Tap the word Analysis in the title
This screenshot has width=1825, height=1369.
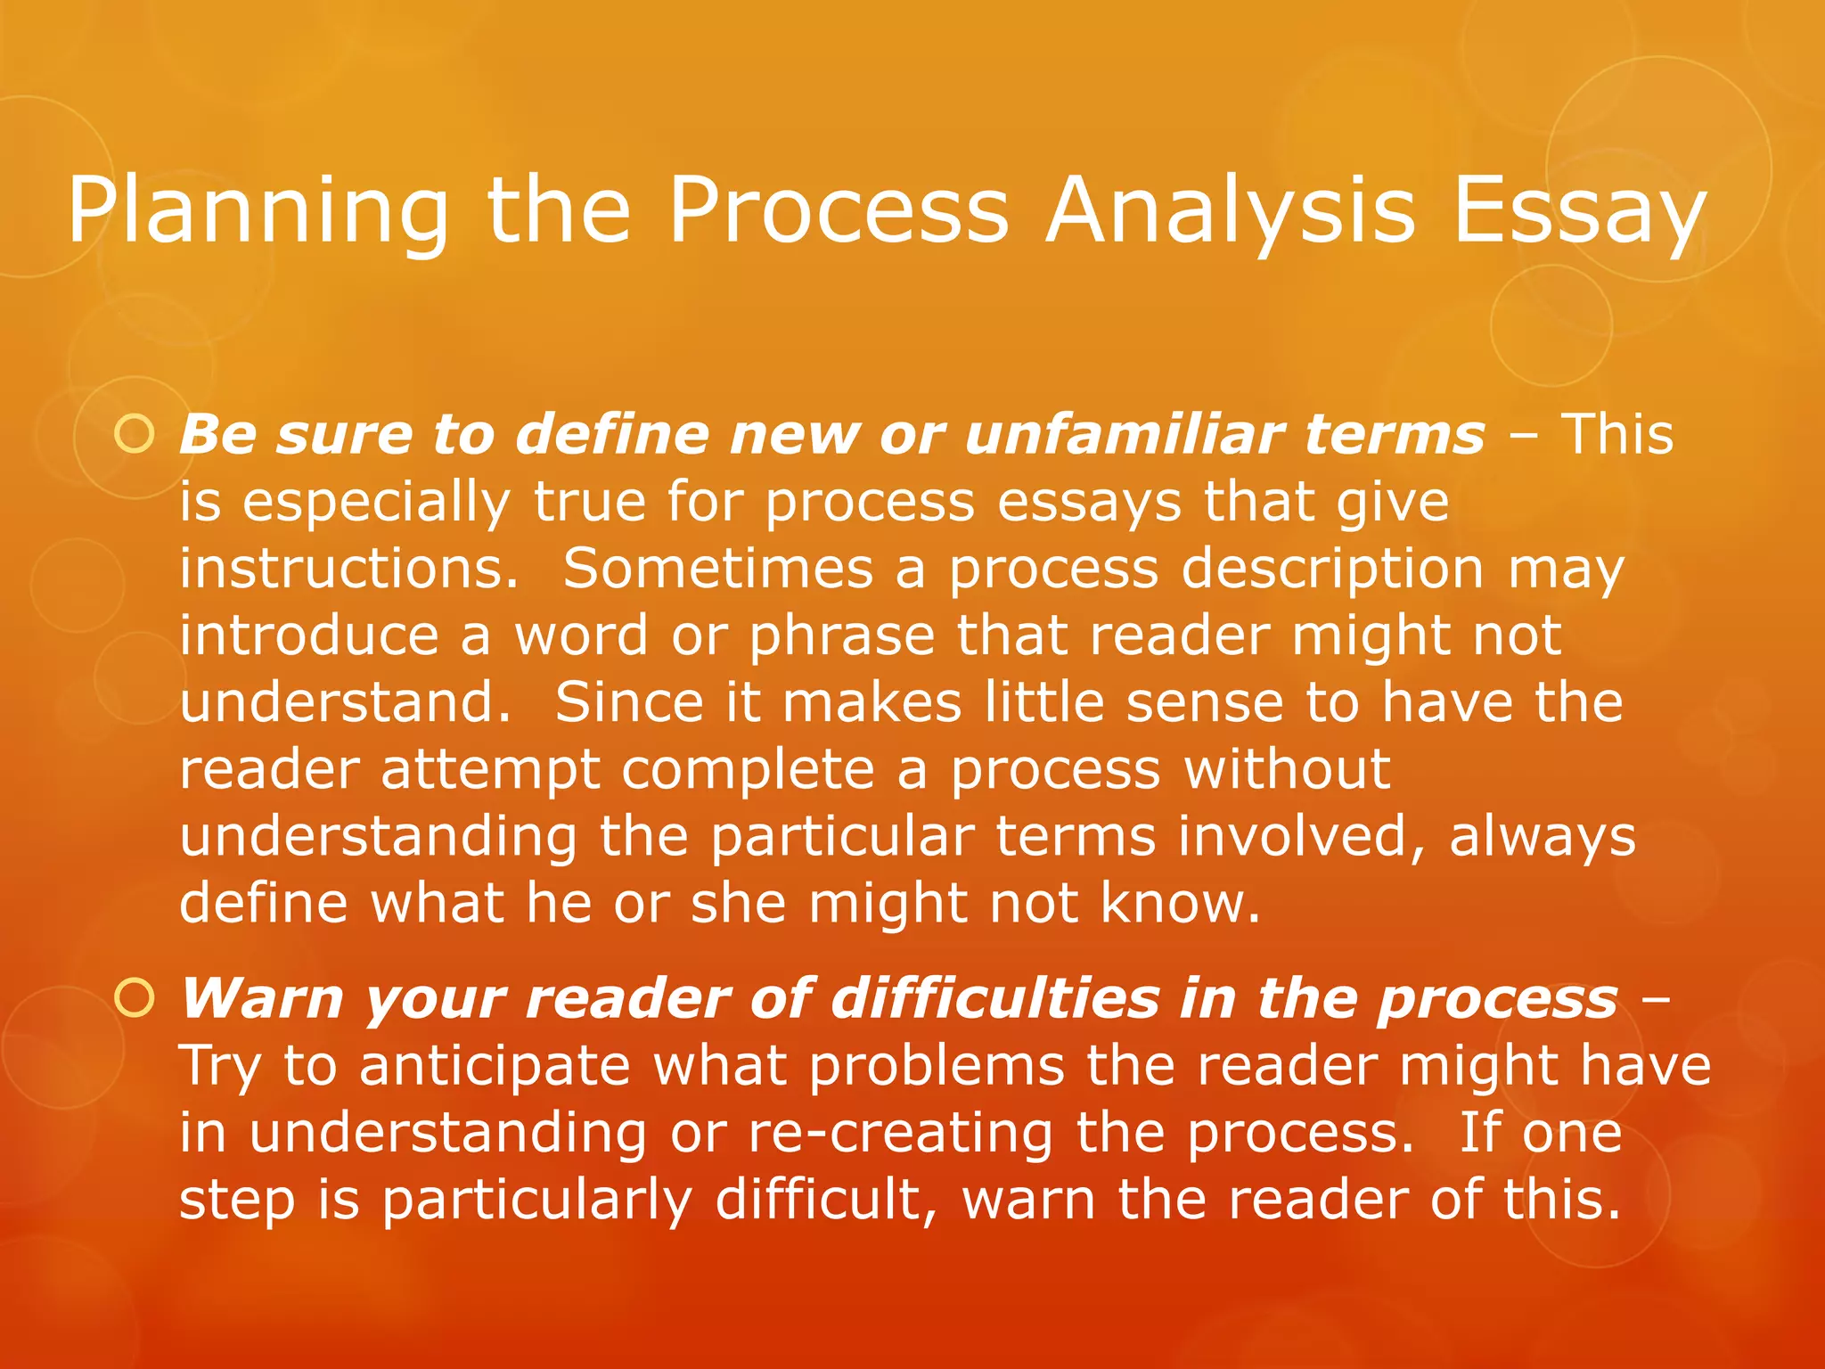1230,211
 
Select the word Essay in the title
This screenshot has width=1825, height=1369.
1580,211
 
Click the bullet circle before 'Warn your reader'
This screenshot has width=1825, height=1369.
135,999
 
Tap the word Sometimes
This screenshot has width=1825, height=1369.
717,569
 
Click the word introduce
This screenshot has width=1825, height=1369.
308,635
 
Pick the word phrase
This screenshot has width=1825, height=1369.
842,635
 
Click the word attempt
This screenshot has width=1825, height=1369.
490,770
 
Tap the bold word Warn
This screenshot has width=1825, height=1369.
262,999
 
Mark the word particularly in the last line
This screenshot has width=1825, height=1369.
537,1200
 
